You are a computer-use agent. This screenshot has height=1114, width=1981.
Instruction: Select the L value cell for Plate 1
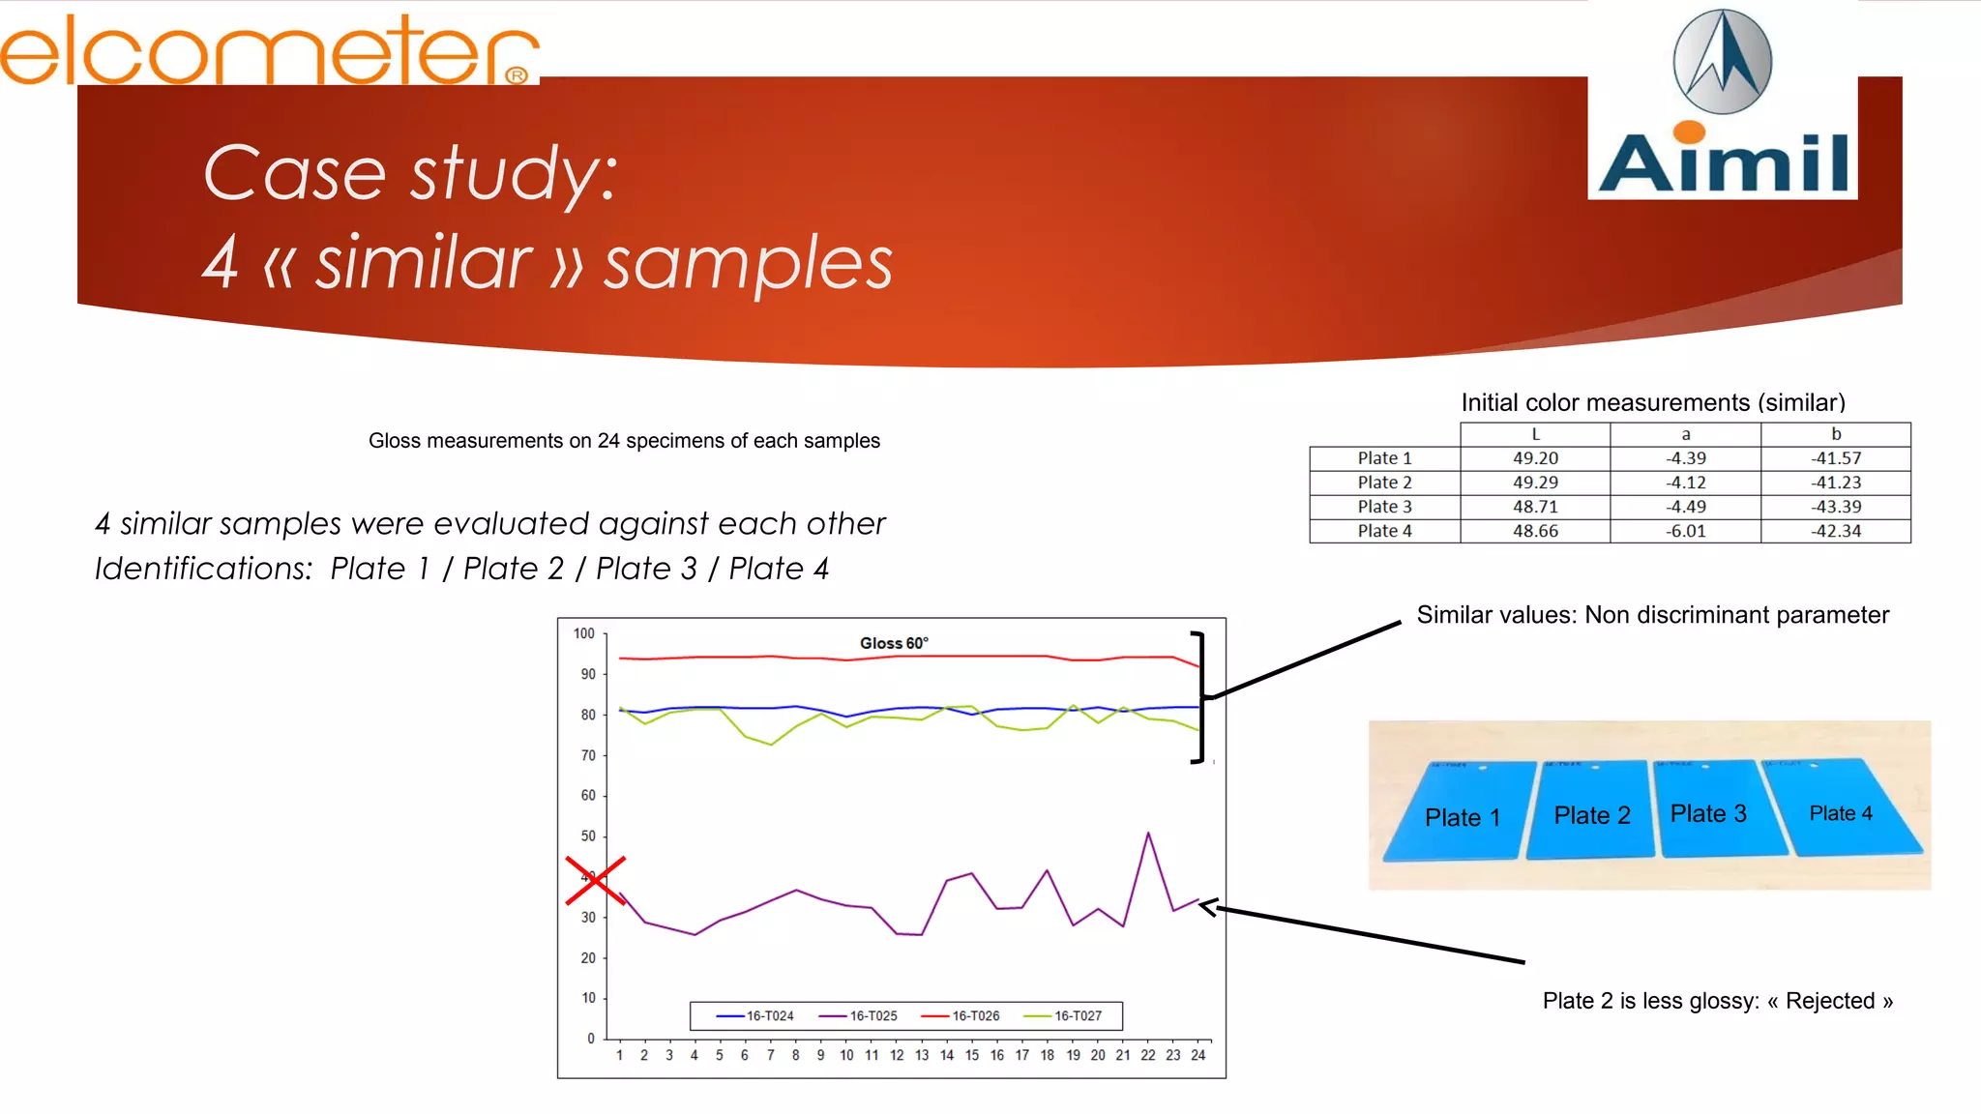click(1535, 458)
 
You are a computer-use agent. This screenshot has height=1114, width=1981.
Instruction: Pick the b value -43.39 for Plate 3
click(1835, 507)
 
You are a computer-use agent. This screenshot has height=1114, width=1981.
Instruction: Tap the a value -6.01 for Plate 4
click(1685, 531)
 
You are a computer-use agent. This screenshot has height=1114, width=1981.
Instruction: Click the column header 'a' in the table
click(1685, 434)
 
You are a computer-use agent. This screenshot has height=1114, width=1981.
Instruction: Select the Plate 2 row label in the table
click(1384, 483)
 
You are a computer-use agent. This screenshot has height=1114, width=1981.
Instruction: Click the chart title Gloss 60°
click(893, 643)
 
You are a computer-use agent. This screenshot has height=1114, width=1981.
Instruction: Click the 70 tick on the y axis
click(588, 755)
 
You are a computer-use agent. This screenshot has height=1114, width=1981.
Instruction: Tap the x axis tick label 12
click(897, 1055)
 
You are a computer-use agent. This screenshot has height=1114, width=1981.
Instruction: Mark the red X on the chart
click(596, 880)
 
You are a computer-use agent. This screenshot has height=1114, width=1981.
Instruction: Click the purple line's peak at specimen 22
click(1148, 834)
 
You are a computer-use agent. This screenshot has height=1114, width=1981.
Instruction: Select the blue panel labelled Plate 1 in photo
click(1462, 814)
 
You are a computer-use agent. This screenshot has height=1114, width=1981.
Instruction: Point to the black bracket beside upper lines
click(1200, 696)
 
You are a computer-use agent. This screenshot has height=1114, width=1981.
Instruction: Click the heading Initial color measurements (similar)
click(1652, 402)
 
